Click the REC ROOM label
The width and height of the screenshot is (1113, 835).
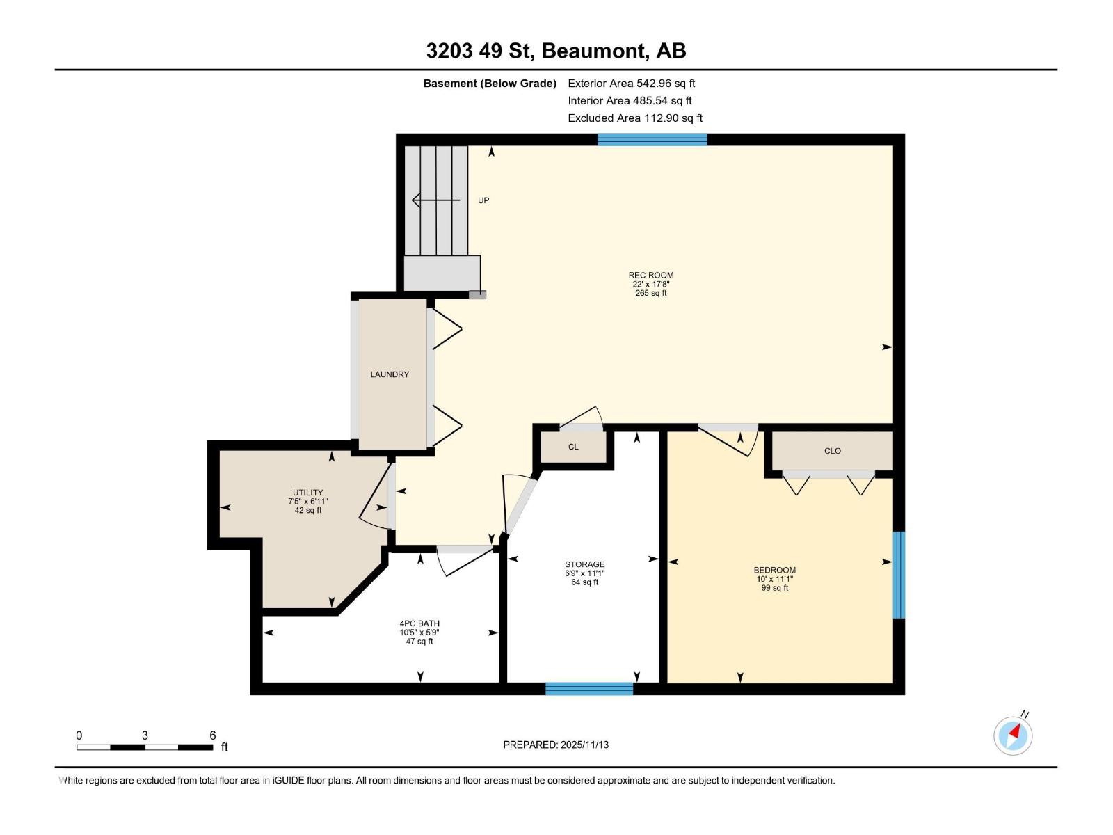tap(650, 276)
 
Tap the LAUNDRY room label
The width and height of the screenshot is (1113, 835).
tap(390, 374)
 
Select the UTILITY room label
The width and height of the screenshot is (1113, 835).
tap(307, 493)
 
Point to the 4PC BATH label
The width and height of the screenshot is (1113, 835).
tap(419, 623)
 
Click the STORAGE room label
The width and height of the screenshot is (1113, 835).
tap(584, 564)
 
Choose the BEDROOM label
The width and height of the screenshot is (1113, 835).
tap(774, 570)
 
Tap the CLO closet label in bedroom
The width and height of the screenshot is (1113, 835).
tap(832, 451)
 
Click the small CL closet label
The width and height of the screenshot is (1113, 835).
tap(573, 447)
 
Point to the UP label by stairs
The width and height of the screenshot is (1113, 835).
tap(483, 200)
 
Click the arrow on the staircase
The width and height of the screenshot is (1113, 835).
tap(435, 200)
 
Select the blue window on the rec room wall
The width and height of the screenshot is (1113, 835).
tap(652, 139)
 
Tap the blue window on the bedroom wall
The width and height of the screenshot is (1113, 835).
tap(899, 575)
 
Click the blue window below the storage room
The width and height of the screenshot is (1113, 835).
tap(589, 689)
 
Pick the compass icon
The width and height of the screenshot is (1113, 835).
tap(1013, 735)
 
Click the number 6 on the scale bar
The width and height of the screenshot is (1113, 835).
tap(213, 735)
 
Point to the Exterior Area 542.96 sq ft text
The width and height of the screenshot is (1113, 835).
tap(631, 83)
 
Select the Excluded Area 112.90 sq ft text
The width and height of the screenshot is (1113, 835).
tap(634, 118)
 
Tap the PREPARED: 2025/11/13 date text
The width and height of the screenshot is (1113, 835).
tap(556, 745)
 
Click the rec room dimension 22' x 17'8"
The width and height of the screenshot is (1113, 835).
tap(650, 285)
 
